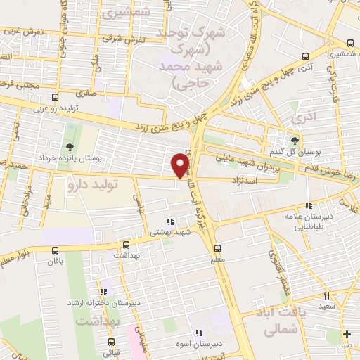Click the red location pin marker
pos(181,165)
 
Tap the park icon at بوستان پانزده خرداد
pos(69,147)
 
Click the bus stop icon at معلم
pos(217,248)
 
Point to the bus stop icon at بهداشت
pos(126,245)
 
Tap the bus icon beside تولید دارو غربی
pos(55,98)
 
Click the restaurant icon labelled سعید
pos(326,296)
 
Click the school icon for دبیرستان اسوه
pos(199,333)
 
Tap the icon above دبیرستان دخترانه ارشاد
pos(103,292)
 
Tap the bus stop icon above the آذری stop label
pos(304,56)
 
